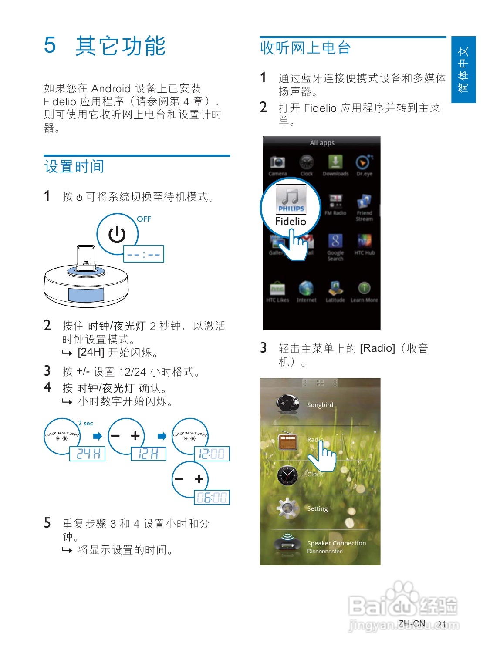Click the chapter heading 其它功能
click(120, 46)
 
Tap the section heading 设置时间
click(74, 166)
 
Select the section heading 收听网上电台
click(305, 48)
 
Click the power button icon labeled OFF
click(117, 234)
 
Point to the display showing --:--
click(144, 254)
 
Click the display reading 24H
click(88, 454)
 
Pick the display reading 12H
click(148, 454)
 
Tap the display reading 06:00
click(212, 497)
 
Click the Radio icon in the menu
click(288, 441)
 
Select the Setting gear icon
click(287, 508)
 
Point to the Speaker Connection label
click(336, 543)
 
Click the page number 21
click(442, 624)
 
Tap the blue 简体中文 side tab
click(463, 70)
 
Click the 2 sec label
click(86, 423)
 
